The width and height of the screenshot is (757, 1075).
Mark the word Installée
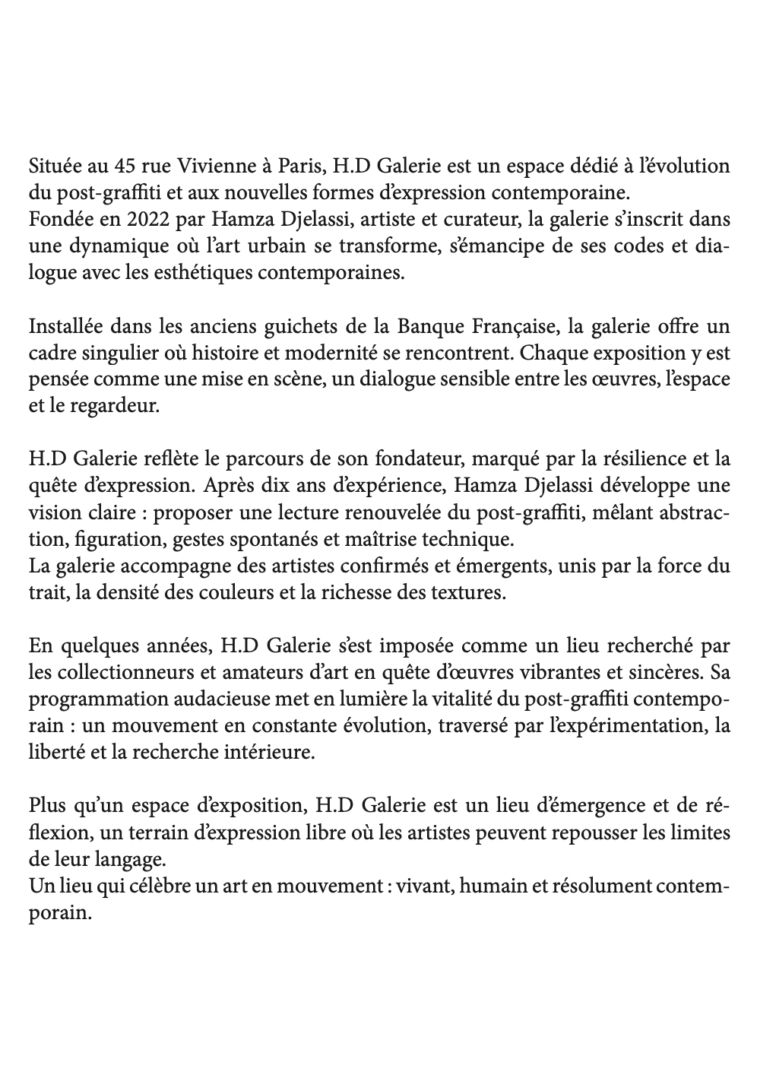[64, 328]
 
